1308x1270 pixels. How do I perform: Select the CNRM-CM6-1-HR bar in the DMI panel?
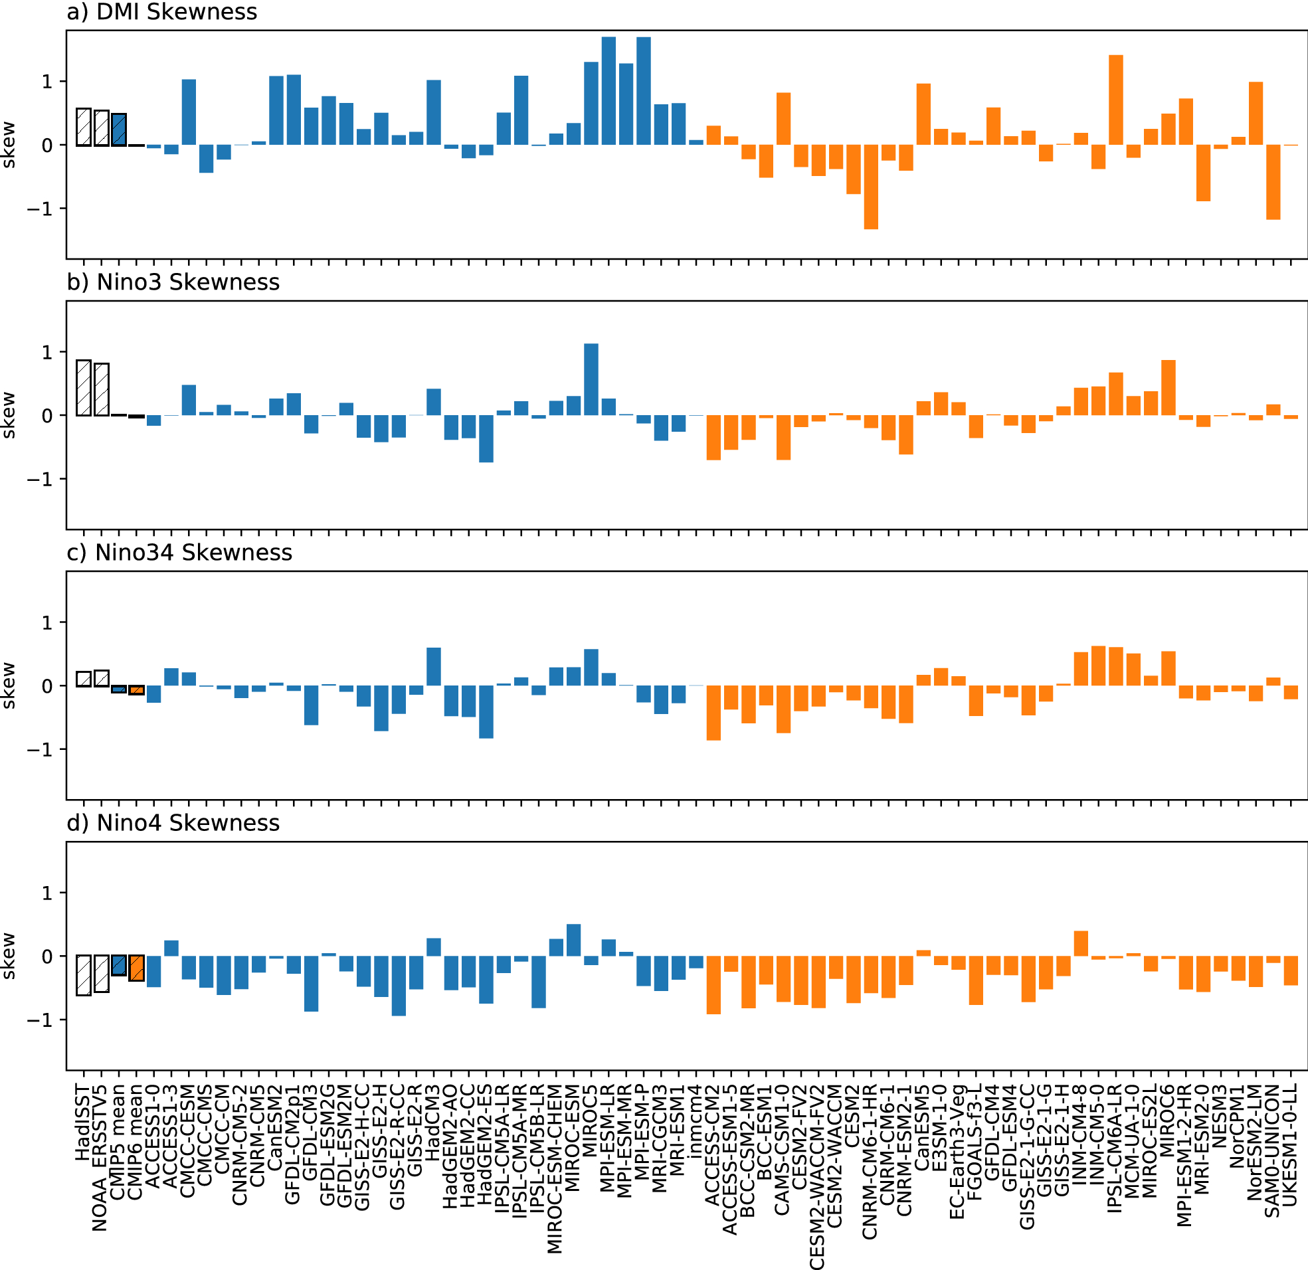tap(871, 187)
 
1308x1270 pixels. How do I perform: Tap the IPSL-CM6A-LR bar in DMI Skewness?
tap(1116, 100)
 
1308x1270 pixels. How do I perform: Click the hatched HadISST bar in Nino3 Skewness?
tap(84, 388)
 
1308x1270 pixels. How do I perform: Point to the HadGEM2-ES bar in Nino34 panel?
tap(486, 711)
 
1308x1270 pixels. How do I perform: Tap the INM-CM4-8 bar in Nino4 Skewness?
tap(1081, 943)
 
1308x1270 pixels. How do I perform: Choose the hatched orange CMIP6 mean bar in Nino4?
tap(136, 968)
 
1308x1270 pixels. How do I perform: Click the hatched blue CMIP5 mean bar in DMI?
tap(119, 130)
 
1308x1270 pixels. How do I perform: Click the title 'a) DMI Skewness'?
tap(162, 12)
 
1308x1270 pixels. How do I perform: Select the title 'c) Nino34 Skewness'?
tap(179, 553)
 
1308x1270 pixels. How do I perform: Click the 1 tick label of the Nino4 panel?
tap(47, 892)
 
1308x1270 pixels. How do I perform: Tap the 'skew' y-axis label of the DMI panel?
tap(8, 145)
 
